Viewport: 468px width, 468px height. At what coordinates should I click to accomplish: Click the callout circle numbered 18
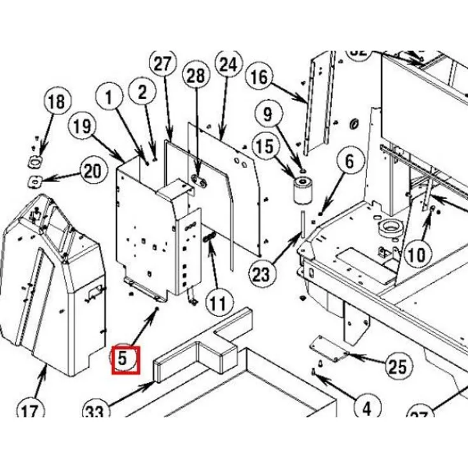56,102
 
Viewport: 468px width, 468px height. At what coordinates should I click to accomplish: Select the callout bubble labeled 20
93,171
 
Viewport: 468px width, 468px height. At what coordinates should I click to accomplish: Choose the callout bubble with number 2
142,93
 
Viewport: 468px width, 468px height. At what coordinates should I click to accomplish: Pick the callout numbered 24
229,64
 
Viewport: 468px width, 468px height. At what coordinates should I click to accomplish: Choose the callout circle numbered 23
261,275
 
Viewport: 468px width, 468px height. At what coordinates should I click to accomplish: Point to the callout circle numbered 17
29,412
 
